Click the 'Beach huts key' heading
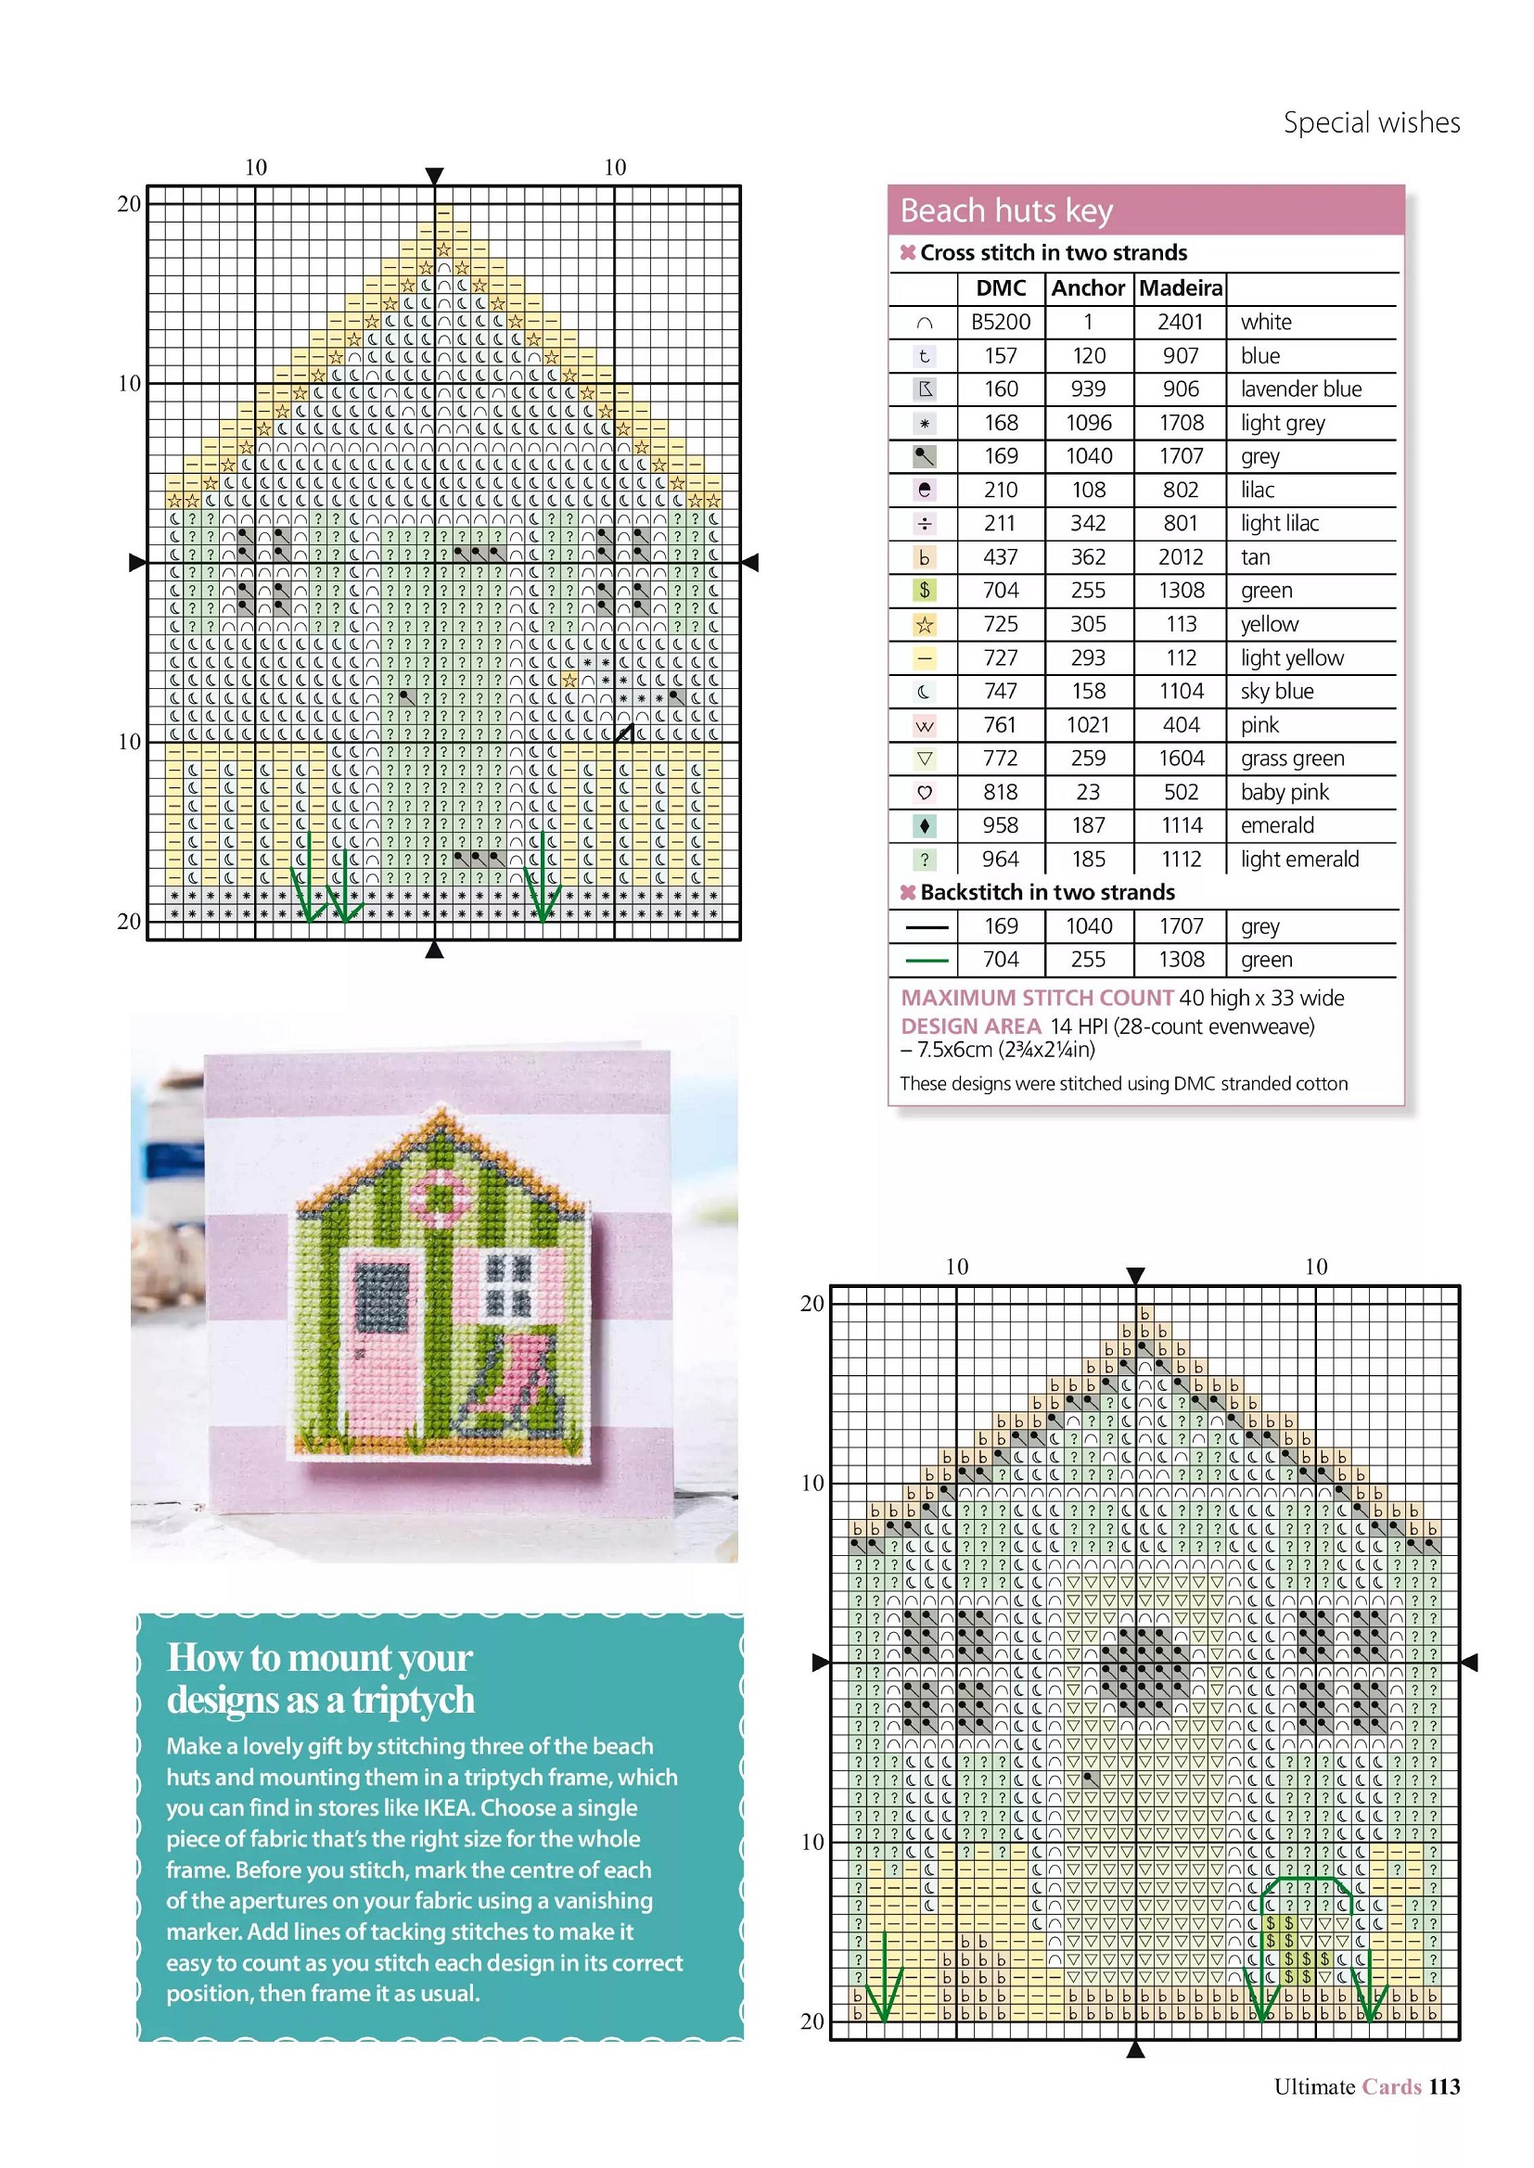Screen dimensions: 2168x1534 (1006, 210)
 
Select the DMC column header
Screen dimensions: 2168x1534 (1001, 288)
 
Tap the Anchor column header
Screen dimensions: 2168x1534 (1088, 288)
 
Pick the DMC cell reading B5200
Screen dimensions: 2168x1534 (1001, 322)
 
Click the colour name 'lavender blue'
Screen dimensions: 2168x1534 (1300, 389)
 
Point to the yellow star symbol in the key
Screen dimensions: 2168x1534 (925, 624)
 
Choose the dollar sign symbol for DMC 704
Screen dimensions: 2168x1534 (925, 590)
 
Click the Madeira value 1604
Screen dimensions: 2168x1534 (1181, 759)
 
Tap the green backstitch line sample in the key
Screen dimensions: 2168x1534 (926, 961)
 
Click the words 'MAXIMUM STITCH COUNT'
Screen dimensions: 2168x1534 (1036, 998)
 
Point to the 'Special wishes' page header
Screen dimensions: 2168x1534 (1371, 122)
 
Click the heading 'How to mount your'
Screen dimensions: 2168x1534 (319, 1658)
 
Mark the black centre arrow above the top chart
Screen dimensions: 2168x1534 (434, 175)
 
